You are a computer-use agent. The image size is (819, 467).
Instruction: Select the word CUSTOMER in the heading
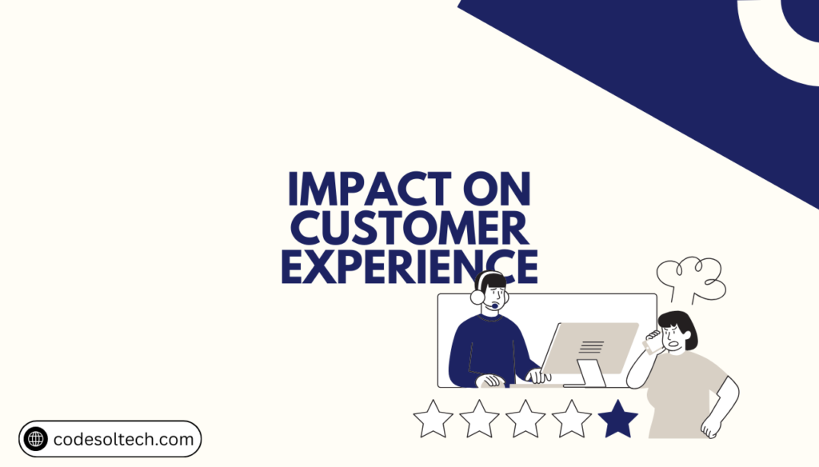[409, 230]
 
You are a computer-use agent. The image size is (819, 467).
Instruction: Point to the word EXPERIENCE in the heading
[409, 267]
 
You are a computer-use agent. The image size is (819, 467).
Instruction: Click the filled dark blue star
[618, 419]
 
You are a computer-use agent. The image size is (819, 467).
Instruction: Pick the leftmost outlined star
[433, 419]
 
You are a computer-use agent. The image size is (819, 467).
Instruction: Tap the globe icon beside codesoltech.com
[36, 439]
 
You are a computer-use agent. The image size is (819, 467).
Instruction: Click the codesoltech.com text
[124, 439]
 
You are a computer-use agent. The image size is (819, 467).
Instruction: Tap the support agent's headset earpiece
[477, 297]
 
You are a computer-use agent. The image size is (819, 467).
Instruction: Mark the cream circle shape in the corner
[780, 36]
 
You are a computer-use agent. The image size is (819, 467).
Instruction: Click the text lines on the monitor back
[592, 346]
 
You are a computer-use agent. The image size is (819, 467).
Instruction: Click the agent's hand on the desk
[491, 381]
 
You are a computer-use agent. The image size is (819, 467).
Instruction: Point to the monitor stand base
[592, 379]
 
